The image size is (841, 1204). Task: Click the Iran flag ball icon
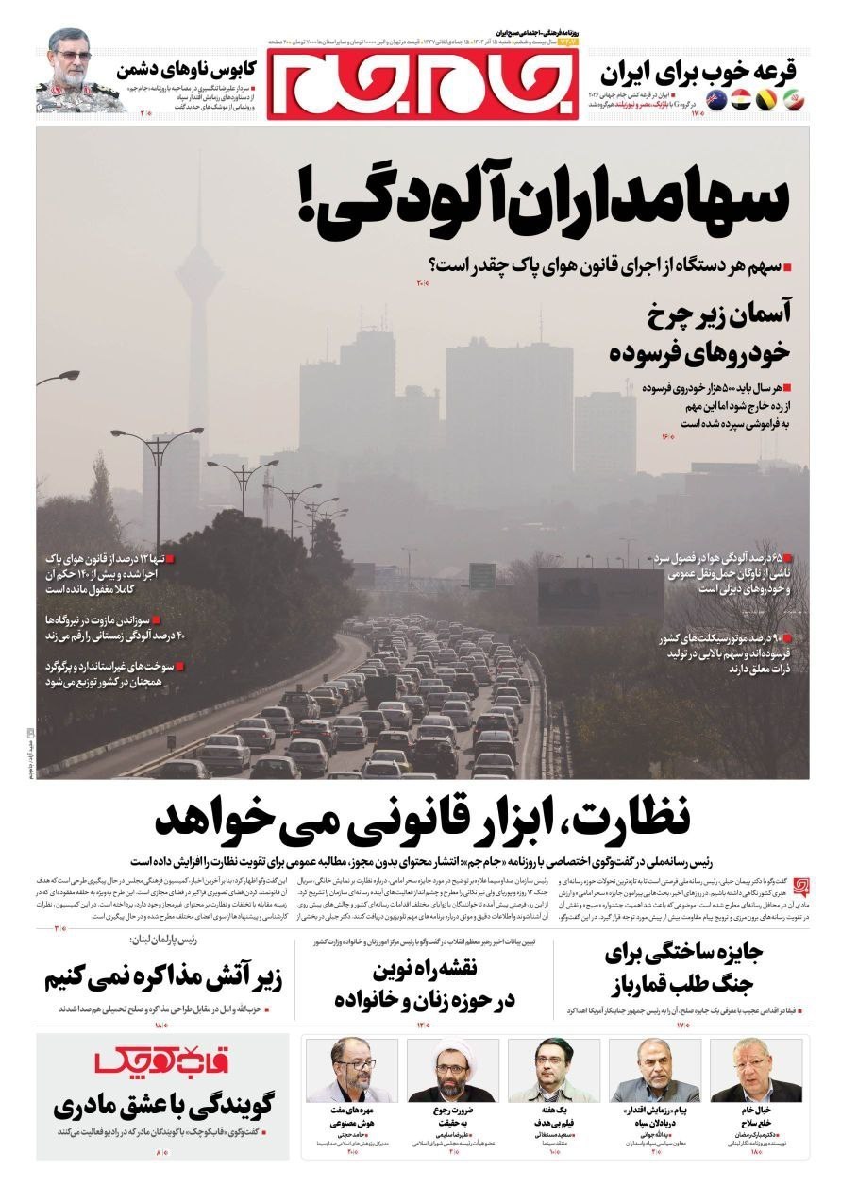point(792,100)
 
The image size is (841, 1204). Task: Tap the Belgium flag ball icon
point(765,100)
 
